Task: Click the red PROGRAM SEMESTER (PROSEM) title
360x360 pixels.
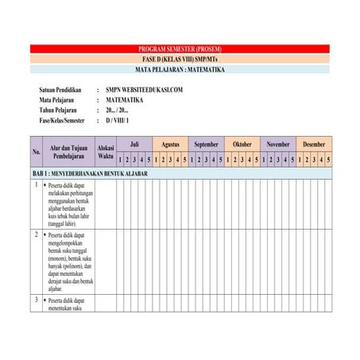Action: coord(180,49)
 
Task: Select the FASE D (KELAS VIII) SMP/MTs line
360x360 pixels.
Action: coord(180,60)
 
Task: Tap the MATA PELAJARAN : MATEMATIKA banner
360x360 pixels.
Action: coord(180,70)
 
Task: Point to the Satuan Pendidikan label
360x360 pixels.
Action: coord(62,91)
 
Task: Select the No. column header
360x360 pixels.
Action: coord(37,152)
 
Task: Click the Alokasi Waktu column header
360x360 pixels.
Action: coord(106,152)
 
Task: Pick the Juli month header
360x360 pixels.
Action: coord(134,145)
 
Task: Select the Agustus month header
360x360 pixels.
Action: coord(170,145)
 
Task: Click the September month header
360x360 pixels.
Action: coord(206,145)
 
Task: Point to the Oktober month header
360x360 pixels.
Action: coord(242,145)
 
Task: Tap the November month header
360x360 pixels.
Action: coord(278,145)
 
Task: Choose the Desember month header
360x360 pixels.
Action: coord(314,145)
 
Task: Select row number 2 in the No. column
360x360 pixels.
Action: coord(37,235)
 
